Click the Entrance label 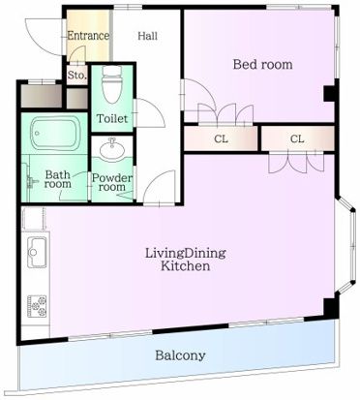pyautogui.click(x=88, y=36)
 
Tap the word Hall pyautogui.click(x=148, y=36)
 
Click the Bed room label pyautogui.click(x=262, y=65)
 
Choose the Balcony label pyautogui.click(x=180, y=355)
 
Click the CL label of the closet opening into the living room pyautogui.click(x=296, y=139)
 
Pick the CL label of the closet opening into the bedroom pyautogui.click(x=221, y=139)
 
